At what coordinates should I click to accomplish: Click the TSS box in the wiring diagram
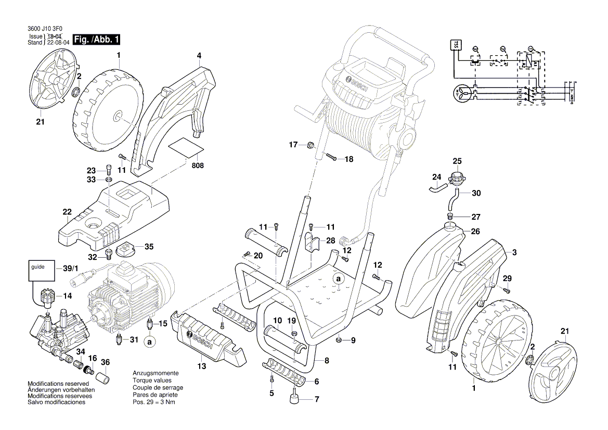click(x=455, y=45)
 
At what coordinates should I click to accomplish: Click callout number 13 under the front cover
click(x=201, y=366)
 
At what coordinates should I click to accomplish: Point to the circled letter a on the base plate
click(x=338, y=280)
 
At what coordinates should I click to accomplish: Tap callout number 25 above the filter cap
click(x=457, y=161)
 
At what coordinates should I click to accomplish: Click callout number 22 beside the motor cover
click(x=67, y=212)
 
